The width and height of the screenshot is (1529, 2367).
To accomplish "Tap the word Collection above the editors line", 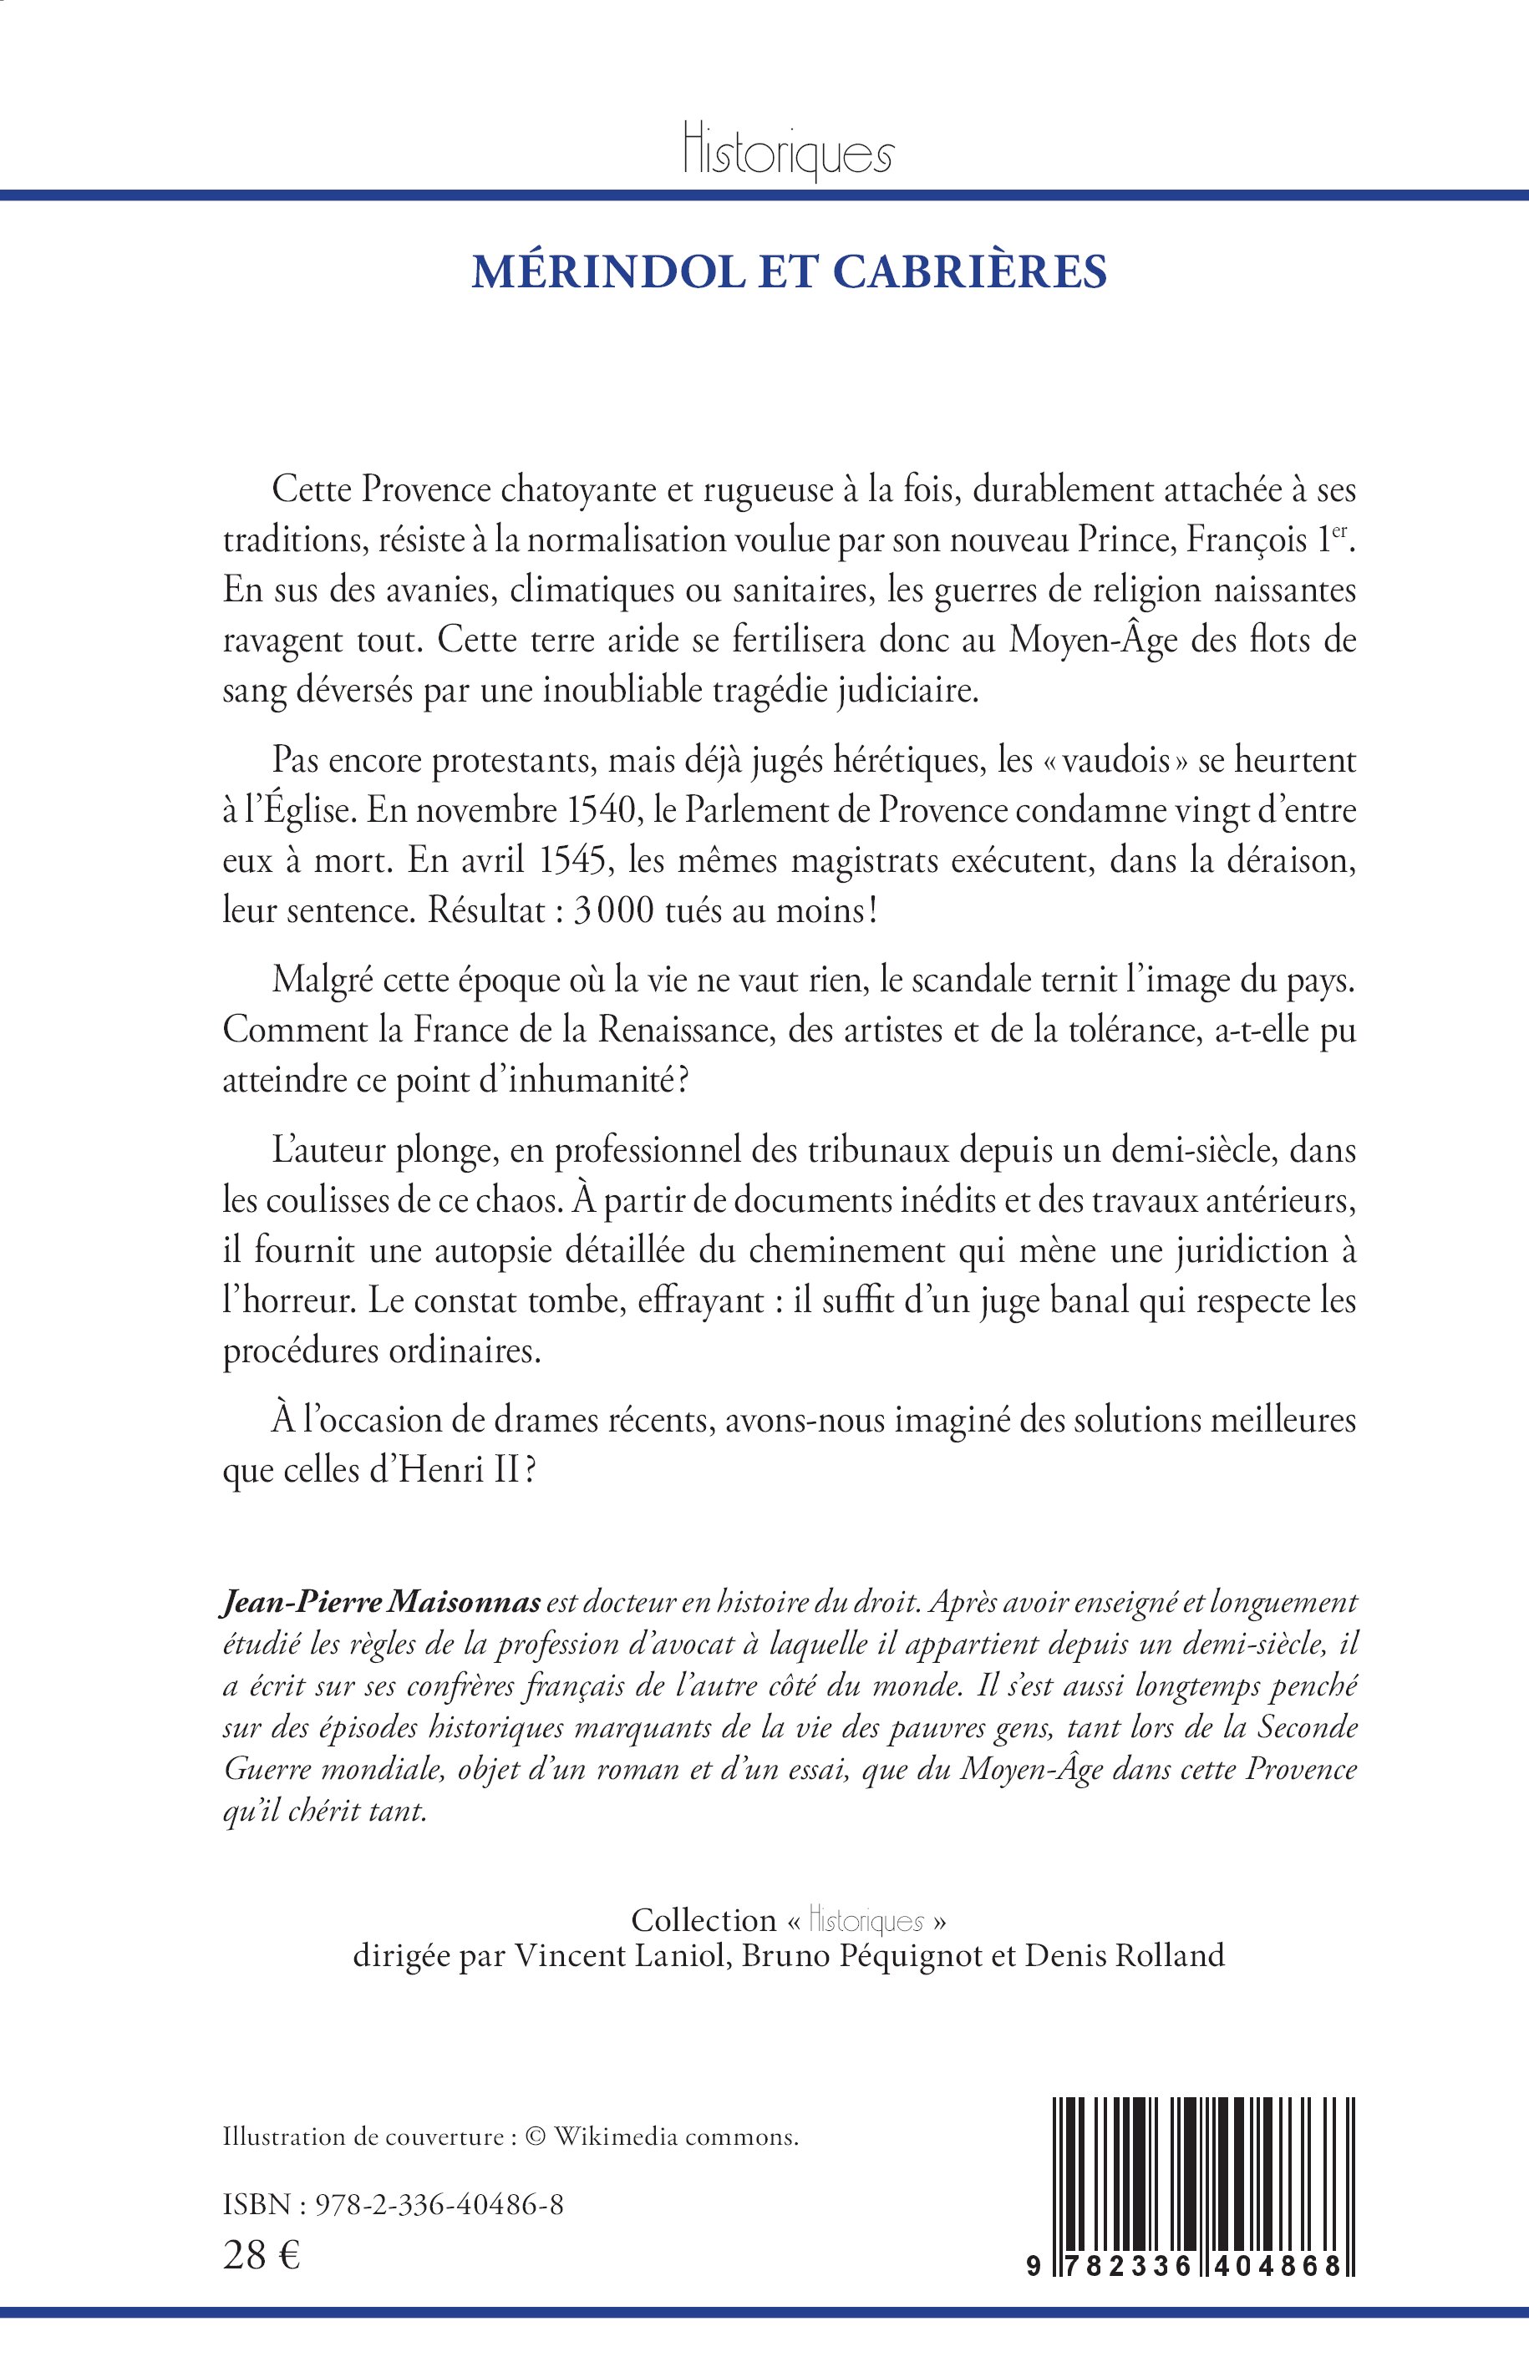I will (704, 1919).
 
